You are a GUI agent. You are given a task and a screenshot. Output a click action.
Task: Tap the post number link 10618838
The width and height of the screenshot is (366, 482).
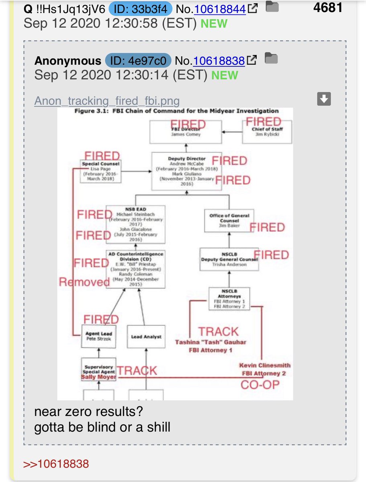[219, 61]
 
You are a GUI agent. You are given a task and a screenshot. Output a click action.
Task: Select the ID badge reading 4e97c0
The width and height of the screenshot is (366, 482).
[138, 61]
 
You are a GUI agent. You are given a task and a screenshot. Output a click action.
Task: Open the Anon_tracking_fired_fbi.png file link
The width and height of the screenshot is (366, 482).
[107, 100]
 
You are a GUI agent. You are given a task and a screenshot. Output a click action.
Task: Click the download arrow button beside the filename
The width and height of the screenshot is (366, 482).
[324, 99]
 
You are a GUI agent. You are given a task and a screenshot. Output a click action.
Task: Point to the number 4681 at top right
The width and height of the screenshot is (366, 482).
[328, 7]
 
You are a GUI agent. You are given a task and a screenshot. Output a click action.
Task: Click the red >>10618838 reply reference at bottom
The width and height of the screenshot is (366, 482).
[57, 464]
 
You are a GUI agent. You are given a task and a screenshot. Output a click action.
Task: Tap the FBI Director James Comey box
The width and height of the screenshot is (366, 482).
[186, 131]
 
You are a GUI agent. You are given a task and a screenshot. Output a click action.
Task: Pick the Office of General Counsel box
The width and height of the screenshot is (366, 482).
[229, 220]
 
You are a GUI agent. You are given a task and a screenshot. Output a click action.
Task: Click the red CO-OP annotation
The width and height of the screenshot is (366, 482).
[260, 385]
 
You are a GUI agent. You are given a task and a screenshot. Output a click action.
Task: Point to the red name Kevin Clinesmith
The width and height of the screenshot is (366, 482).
[264, 366]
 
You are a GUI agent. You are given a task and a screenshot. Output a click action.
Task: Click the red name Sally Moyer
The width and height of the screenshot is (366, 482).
[99, 377]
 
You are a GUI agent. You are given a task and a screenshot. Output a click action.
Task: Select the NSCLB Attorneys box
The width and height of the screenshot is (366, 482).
[229, 298]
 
